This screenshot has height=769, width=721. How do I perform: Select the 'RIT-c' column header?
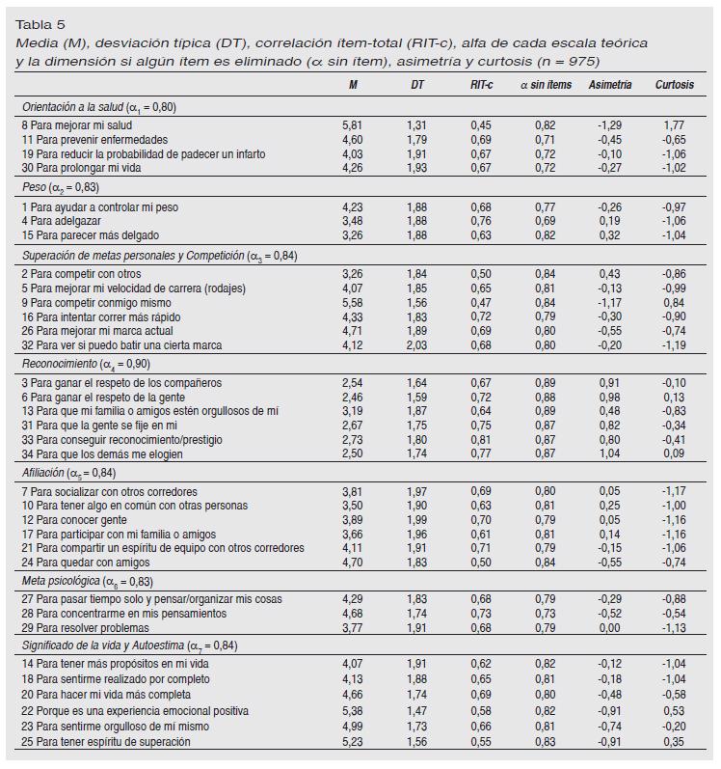(x=480, y=85)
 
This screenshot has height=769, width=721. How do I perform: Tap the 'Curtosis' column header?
(x=674, y=85)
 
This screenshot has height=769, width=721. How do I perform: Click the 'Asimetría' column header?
(x=609, y=85)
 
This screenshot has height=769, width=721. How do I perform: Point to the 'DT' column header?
(x=417, y=85)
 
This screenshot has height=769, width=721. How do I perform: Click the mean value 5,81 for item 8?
(x=354, y=125)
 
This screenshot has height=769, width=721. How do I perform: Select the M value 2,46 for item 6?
(x=354, y=397)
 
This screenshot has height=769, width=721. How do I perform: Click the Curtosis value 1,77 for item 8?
(x=674, y=125)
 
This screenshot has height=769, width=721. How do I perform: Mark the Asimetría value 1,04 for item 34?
(x=609, y=453)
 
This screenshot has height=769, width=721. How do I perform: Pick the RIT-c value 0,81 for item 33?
(x=480, y=438)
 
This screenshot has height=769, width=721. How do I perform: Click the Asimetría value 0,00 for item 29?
(x=609, y=627)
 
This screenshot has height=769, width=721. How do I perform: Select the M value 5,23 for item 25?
(x=354, y=741)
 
